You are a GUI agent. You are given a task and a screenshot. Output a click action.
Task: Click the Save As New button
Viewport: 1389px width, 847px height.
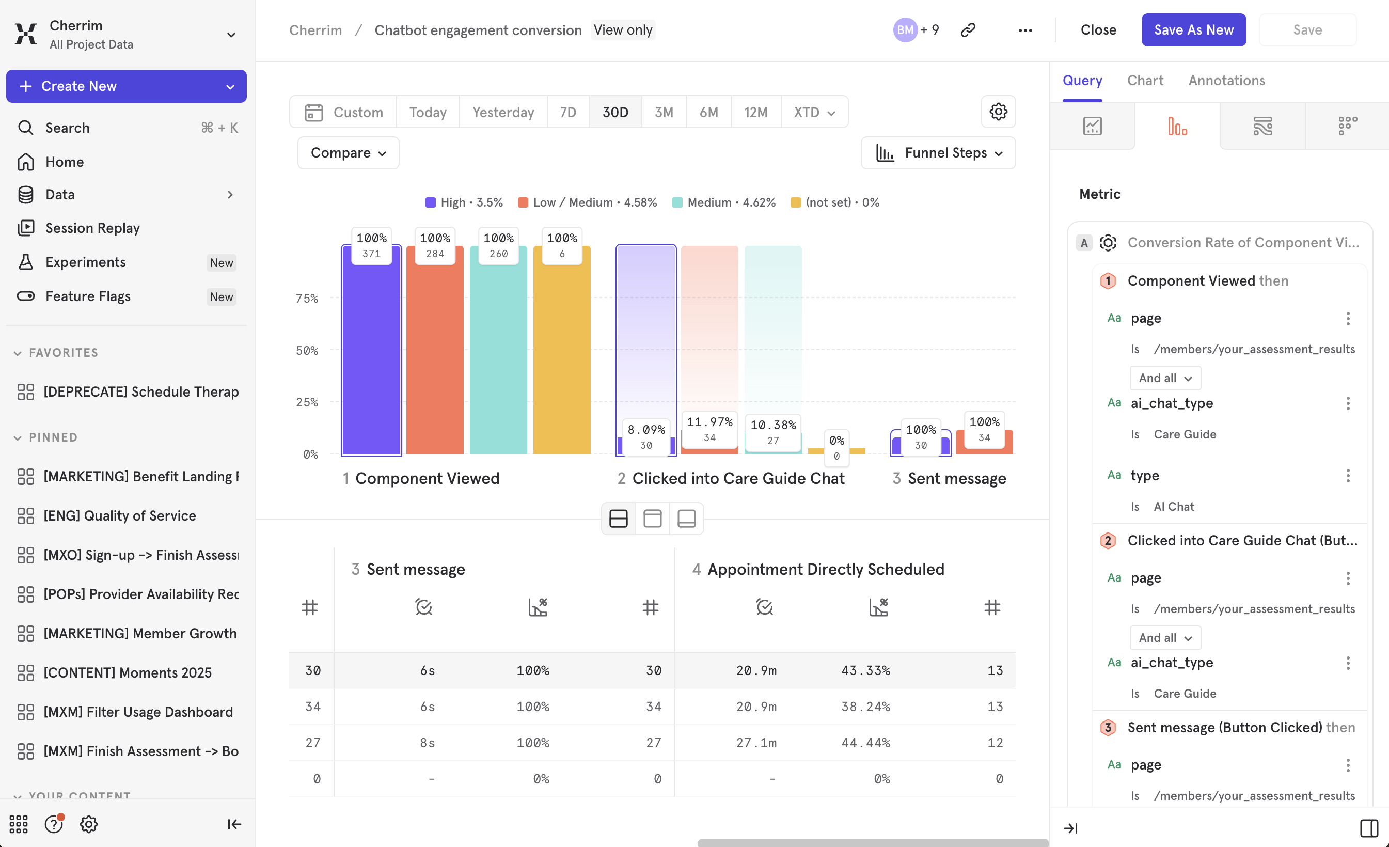pos(1193,30)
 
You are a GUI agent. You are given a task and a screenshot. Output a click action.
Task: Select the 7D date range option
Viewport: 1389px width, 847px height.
pos(567,112)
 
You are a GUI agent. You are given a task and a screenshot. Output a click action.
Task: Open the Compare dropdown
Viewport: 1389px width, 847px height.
pos(348,153)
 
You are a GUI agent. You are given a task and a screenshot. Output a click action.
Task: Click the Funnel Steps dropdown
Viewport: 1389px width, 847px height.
pos(938,153)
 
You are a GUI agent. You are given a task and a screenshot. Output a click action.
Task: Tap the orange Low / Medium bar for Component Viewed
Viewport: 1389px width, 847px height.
pos(435,361)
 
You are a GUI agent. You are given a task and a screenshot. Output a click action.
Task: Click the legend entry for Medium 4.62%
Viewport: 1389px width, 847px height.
pos(724,202)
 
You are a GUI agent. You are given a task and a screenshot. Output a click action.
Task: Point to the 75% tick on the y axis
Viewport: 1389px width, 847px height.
pos(307,299)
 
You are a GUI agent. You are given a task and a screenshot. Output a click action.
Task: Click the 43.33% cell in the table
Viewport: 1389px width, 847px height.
pos(865,670)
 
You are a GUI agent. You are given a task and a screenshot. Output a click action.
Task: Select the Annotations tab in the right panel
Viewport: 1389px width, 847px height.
pos(1226,81)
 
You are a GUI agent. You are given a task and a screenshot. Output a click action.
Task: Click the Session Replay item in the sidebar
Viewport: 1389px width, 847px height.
pos(92,228)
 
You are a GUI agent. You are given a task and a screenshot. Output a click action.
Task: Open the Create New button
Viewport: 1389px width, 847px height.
pos(127,86)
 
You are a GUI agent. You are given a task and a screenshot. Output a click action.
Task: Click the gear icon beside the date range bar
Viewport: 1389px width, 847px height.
pos(998,112)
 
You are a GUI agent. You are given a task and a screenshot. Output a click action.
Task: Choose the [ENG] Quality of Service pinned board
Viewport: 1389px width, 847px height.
pos(119,515)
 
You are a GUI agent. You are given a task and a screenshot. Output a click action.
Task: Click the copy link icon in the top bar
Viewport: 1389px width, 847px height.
pos(967,30)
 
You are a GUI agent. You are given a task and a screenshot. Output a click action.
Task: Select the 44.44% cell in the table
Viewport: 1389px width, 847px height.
pos(865,743)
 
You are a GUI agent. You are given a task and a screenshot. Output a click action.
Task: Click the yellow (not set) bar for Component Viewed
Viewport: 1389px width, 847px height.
pos(561,361)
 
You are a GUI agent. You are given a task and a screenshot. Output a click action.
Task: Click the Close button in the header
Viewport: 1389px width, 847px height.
pos(1098,30)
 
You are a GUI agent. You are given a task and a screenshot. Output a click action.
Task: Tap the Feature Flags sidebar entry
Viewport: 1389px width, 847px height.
pos(88,296)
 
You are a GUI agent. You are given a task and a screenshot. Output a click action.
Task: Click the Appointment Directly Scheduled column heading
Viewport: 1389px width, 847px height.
pos(825,569)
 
